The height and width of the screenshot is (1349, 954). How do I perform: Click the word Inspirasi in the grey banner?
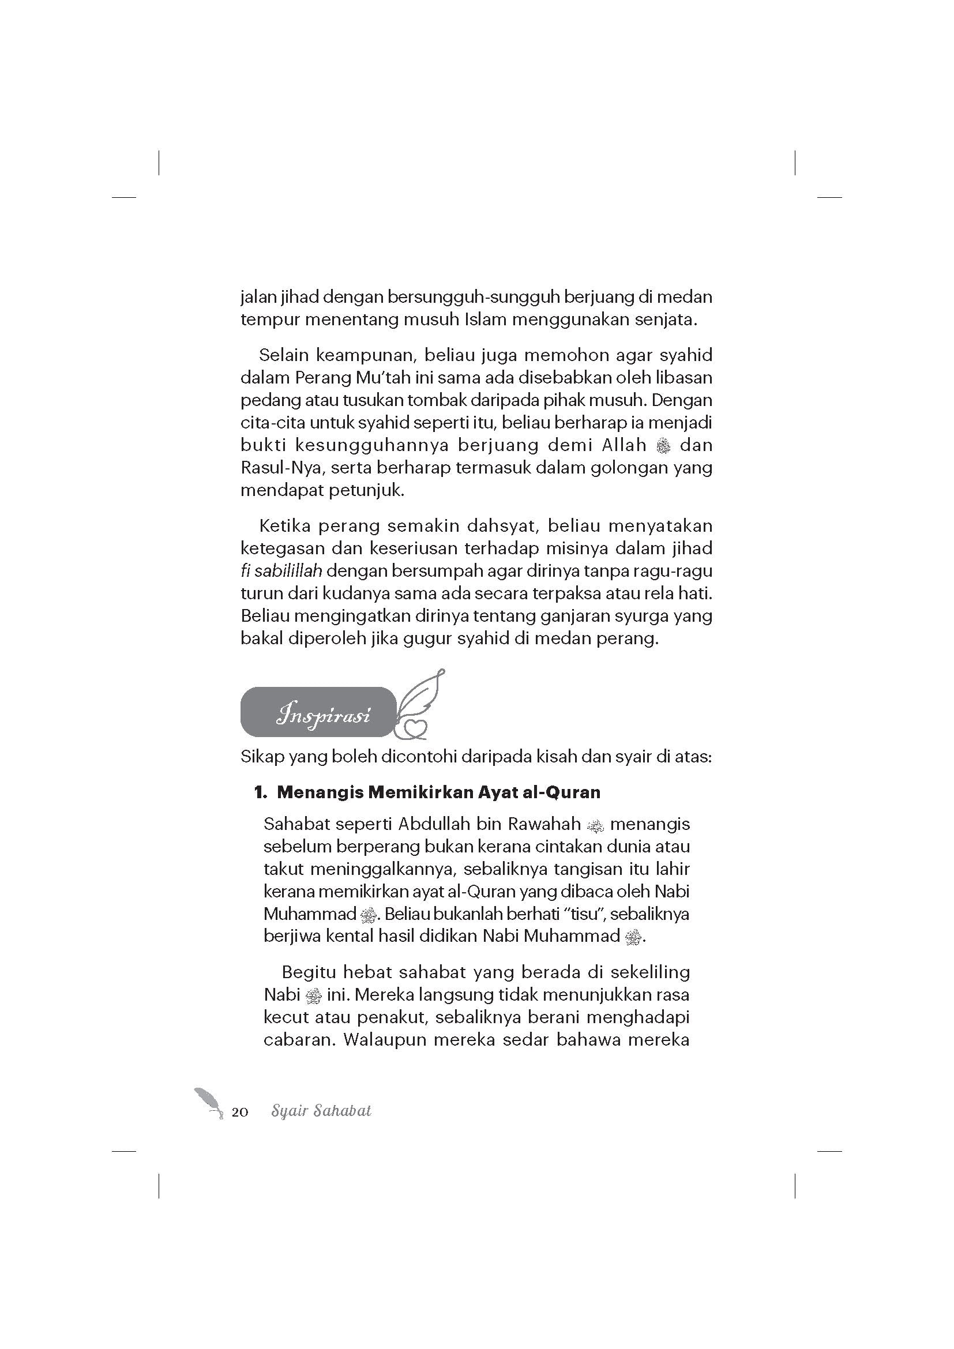(324, 716)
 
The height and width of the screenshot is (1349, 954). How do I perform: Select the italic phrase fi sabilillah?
(281, 570)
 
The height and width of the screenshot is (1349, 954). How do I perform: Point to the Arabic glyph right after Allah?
(663, 446)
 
